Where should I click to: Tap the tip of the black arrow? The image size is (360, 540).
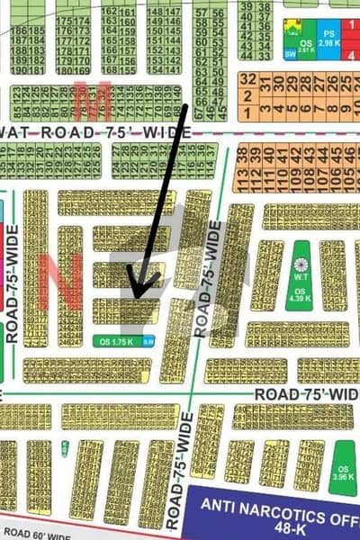pos(131,297)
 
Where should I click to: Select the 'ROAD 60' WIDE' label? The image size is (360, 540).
pos(36,535)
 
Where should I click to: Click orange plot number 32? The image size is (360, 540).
pos(247,78)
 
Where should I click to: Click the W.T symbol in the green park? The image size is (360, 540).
pos(301,265)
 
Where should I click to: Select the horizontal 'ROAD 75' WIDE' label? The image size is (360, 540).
pos(306,394)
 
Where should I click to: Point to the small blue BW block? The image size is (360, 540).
pos(149,341)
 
